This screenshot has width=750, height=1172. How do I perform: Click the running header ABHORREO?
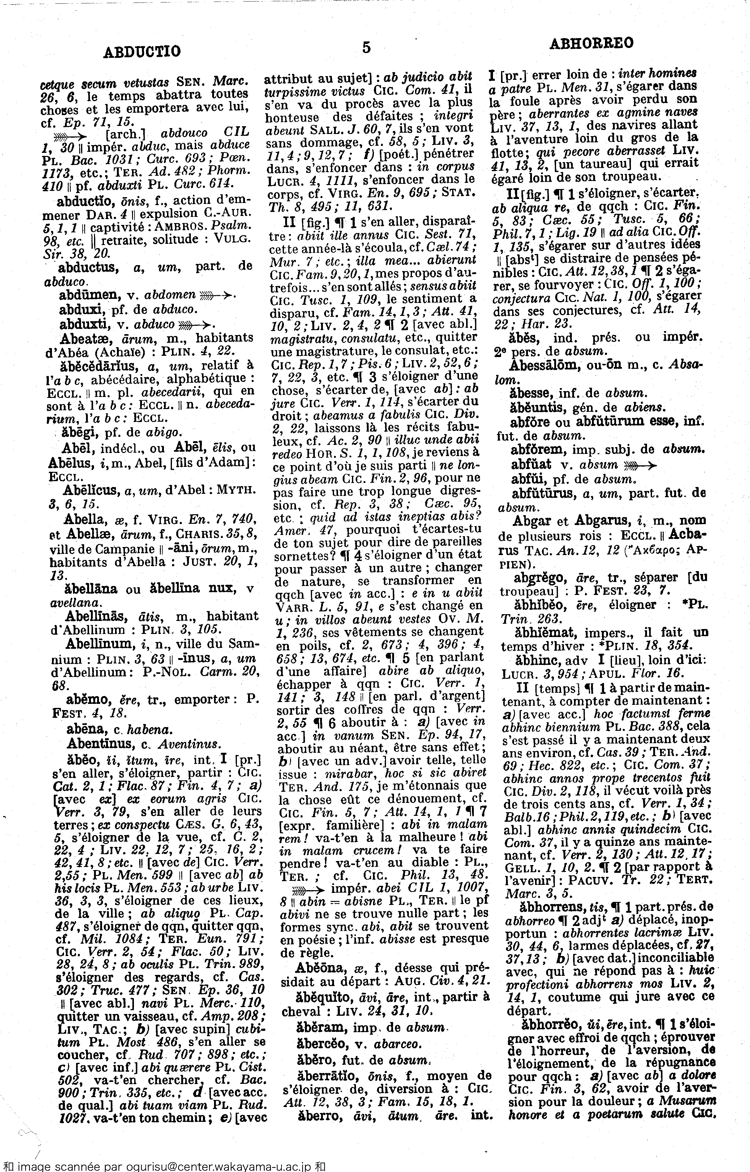point(591,44)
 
